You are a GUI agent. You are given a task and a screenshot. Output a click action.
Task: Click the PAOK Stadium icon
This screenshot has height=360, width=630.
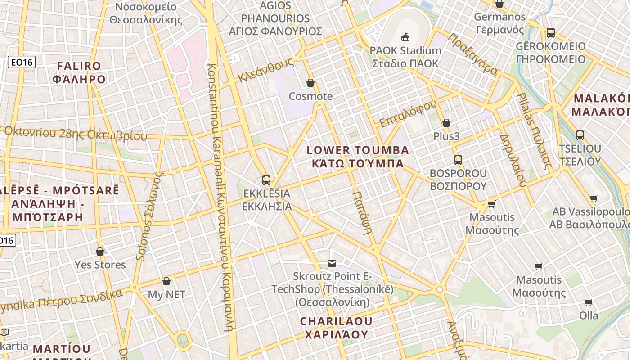point(405,37)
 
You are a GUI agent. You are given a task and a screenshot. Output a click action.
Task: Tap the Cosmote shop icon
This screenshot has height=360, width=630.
point(310,83)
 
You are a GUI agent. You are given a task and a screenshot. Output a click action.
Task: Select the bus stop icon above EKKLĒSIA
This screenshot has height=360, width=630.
point(266,180)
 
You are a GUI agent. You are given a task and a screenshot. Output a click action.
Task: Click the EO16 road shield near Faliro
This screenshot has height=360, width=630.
point(22,62)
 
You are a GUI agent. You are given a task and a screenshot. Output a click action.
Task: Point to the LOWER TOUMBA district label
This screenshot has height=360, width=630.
point(358,156)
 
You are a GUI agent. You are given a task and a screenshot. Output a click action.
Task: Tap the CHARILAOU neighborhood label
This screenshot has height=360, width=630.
point(336,328)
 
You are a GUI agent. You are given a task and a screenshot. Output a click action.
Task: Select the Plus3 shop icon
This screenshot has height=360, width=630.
point(446,123)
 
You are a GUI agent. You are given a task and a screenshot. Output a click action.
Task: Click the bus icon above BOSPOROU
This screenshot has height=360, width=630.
point(458,160)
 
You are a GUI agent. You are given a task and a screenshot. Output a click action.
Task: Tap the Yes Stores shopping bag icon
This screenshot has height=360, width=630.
point(100,252)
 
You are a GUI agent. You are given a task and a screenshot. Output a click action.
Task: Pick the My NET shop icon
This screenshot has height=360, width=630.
point(166,281)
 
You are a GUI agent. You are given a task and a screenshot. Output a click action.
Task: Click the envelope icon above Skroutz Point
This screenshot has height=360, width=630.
point(332,263)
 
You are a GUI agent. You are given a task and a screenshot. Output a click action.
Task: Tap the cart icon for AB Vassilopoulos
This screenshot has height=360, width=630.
point(594,198)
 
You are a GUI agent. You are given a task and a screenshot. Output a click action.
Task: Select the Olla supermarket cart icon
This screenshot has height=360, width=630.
point(588,302)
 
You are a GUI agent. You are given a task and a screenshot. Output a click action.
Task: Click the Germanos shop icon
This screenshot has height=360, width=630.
point(499,4)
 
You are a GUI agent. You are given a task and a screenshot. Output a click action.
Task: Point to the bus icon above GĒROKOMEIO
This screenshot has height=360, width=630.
point(550,33)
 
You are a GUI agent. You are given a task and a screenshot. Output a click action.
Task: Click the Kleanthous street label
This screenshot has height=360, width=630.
point(265,70)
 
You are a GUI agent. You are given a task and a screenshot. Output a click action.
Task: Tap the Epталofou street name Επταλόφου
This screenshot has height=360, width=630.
point(408,113)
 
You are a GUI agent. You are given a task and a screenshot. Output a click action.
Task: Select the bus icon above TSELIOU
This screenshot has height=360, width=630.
point(580,135)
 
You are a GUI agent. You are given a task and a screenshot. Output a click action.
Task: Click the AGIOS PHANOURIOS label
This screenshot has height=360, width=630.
point(275,18)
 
